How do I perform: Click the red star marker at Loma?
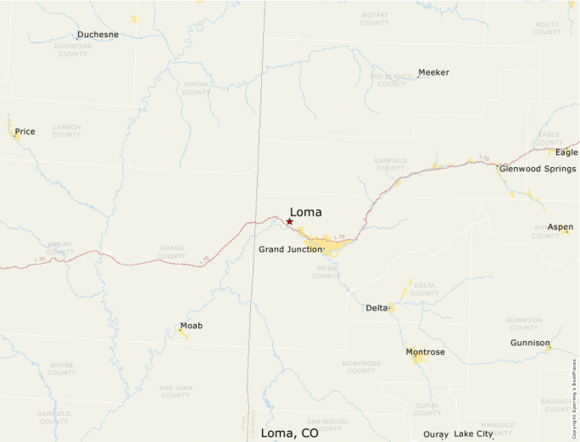tap(289, 221)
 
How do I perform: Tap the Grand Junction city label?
tap(290, 249)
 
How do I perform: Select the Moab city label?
tap(192, 326)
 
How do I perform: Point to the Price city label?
tap(25, 131)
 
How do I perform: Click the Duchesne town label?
tap(98, 35)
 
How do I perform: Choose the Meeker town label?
tap(434, 72)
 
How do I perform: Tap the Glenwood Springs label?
tap(538, 169)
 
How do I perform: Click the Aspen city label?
tap(560, 227)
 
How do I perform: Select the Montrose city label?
tap(425, 351)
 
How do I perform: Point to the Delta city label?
tap(376, 307)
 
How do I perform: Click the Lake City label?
tap(473, 434)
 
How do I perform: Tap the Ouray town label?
tap(435, 434)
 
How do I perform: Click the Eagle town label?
tap(566, 152)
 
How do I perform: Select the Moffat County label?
tap(375, 19)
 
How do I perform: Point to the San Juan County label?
tap(176, 391)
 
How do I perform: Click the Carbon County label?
tap(66, 131)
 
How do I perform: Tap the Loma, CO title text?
tap(289, 433)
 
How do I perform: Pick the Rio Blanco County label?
tap(391, 80)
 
